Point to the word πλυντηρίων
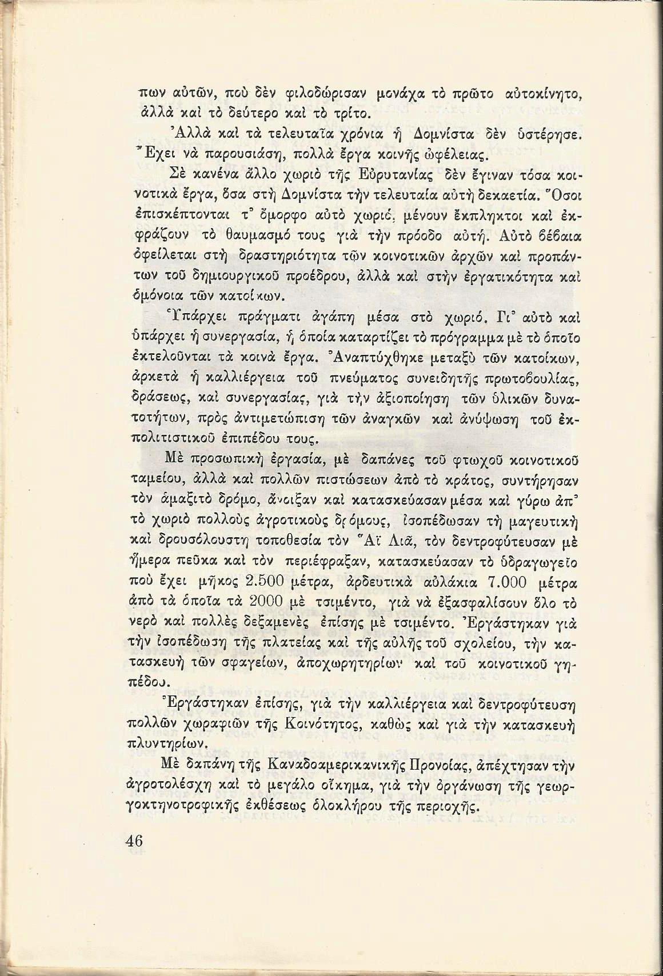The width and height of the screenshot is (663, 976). [169, 746]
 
